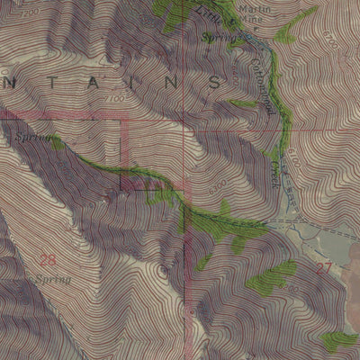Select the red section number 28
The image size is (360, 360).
[x=47, y=261]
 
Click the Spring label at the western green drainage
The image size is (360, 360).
[x=33, y=136]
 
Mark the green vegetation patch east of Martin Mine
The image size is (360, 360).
[x=286, y=35]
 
